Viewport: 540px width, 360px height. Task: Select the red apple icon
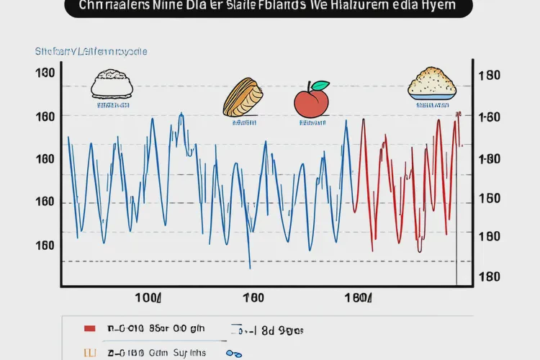(310, 101)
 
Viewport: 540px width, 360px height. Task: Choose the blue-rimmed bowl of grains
(432, 84)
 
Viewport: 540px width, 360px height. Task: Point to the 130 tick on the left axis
(45, 73)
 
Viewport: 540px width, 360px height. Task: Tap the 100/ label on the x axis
(149, 297)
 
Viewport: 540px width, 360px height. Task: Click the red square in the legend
(90, 329)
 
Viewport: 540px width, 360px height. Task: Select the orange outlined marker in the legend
(90, 353)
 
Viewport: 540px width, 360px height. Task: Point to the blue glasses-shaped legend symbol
(233, 354)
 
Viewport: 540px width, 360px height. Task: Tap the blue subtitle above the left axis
(91, 52)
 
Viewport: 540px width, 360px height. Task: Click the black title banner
(269, 8)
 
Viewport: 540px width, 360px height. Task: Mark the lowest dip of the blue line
(250, 268)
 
